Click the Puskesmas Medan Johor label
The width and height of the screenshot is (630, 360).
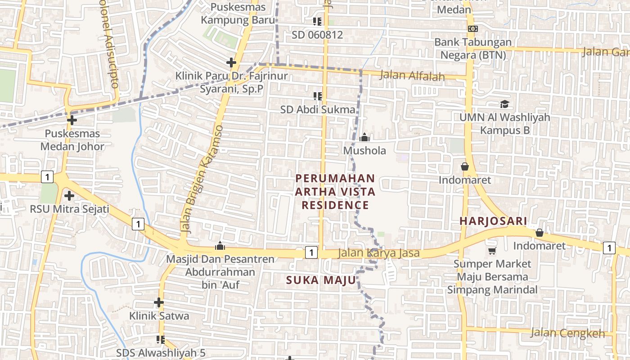tap(72, 140)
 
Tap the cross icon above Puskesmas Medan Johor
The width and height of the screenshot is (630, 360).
tap(72, 120)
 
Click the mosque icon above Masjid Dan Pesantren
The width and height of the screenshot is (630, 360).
tap(220, 246)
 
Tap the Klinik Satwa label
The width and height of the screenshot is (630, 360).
tap(159, 316)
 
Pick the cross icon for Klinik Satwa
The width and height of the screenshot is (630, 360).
tap(158, 302)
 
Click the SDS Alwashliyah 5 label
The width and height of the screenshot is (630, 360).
tap(161, 353)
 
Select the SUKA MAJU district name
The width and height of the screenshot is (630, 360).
tap(321, 280)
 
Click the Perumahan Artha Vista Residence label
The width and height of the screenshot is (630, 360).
tap(335, 192)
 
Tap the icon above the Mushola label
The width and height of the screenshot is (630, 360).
tap(364, 137)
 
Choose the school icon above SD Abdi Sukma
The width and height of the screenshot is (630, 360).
tap(318, 96)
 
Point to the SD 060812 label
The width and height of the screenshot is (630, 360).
tap(317, 35)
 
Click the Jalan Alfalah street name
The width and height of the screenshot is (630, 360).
tap(412, 76)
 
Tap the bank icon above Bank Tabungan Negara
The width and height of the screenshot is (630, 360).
tap(472, 29)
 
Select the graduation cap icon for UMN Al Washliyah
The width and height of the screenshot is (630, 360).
tap(504, 104)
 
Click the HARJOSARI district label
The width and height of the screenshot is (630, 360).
tap(493, 221)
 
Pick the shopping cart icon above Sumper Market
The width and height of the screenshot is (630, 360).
tap(492, 251)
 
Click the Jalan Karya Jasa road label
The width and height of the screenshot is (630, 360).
tap(379, 253)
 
